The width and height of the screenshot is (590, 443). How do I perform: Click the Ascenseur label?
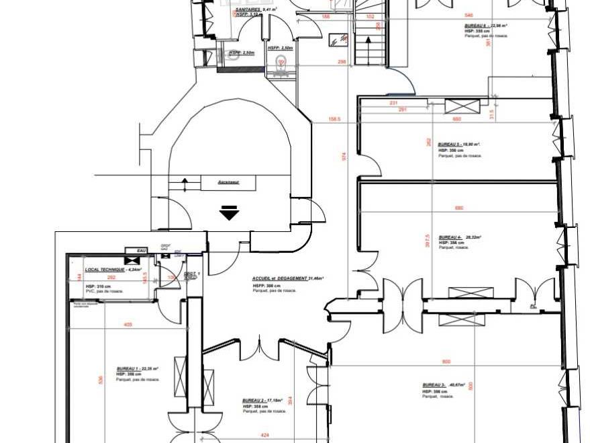[229, 182]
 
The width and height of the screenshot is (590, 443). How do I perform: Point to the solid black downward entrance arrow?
[230, 214]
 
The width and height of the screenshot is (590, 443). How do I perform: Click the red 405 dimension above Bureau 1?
[128, 325]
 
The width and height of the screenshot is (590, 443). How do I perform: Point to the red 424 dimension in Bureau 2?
[265, 435]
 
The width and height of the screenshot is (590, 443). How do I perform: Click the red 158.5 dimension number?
[334, 120]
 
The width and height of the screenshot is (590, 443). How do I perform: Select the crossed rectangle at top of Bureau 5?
[462, 106]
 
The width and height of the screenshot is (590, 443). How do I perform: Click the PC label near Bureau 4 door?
[533, 307]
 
